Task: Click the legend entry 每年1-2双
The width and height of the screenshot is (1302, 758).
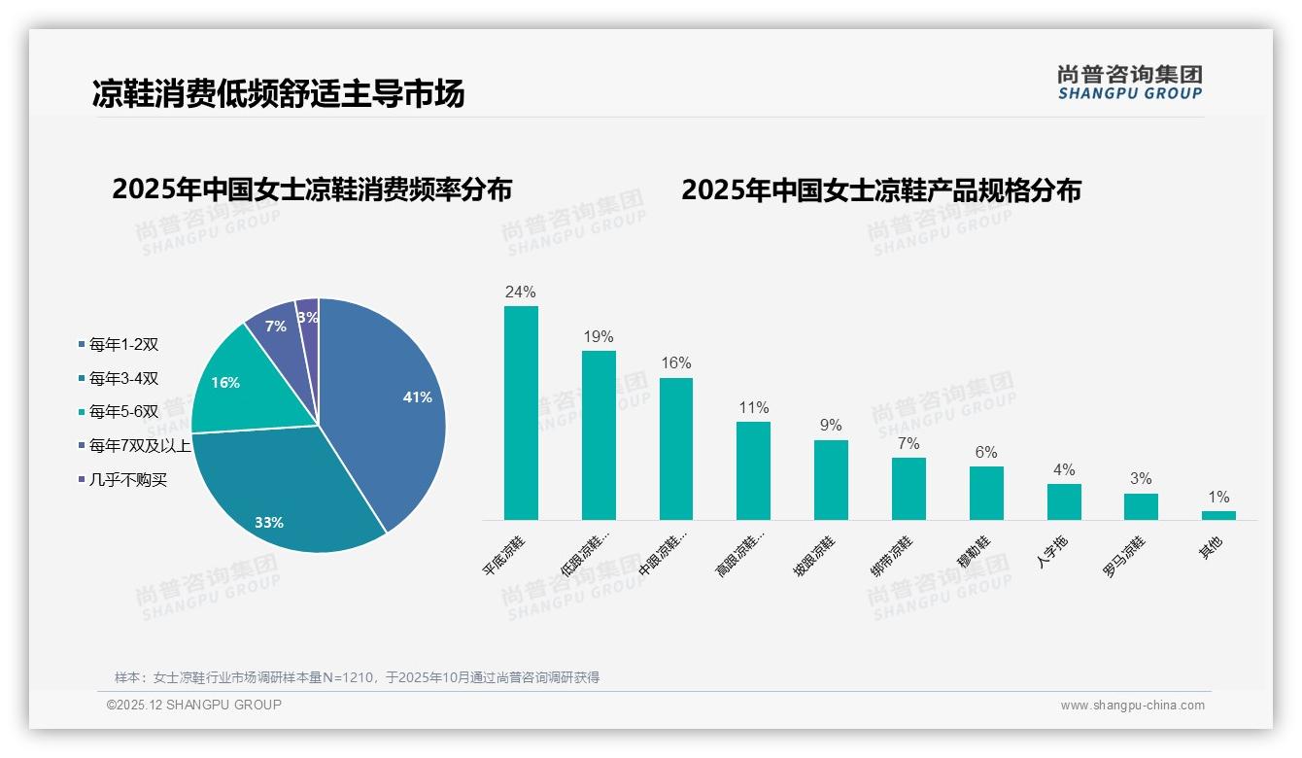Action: tap(122, 344)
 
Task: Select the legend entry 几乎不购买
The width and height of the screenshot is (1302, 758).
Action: tap(127, 479)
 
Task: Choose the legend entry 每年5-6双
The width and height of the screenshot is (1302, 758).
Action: tap(122, 411)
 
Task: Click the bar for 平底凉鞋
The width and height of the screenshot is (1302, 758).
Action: tap(521, 413)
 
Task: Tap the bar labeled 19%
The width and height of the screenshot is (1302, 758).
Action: tap(599, 435)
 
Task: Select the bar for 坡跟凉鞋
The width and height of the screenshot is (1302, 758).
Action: tap(831, 480)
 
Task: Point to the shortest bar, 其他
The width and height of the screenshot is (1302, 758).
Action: tap(1218, 515)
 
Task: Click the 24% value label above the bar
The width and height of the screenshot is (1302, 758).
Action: tap(521, 292)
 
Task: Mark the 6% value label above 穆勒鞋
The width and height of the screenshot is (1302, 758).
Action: tap(986, 452)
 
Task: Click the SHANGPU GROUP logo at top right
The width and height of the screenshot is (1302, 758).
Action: tap(1130, 83)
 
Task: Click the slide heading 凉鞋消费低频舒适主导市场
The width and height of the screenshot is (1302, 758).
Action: tap(278, 93)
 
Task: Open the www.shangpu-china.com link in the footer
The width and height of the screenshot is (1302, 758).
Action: tap(1132, 706)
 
